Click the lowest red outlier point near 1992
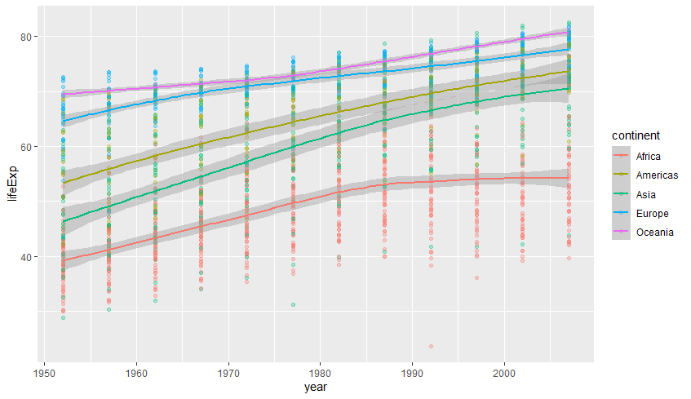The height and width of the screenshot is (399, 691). point(431,347)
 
